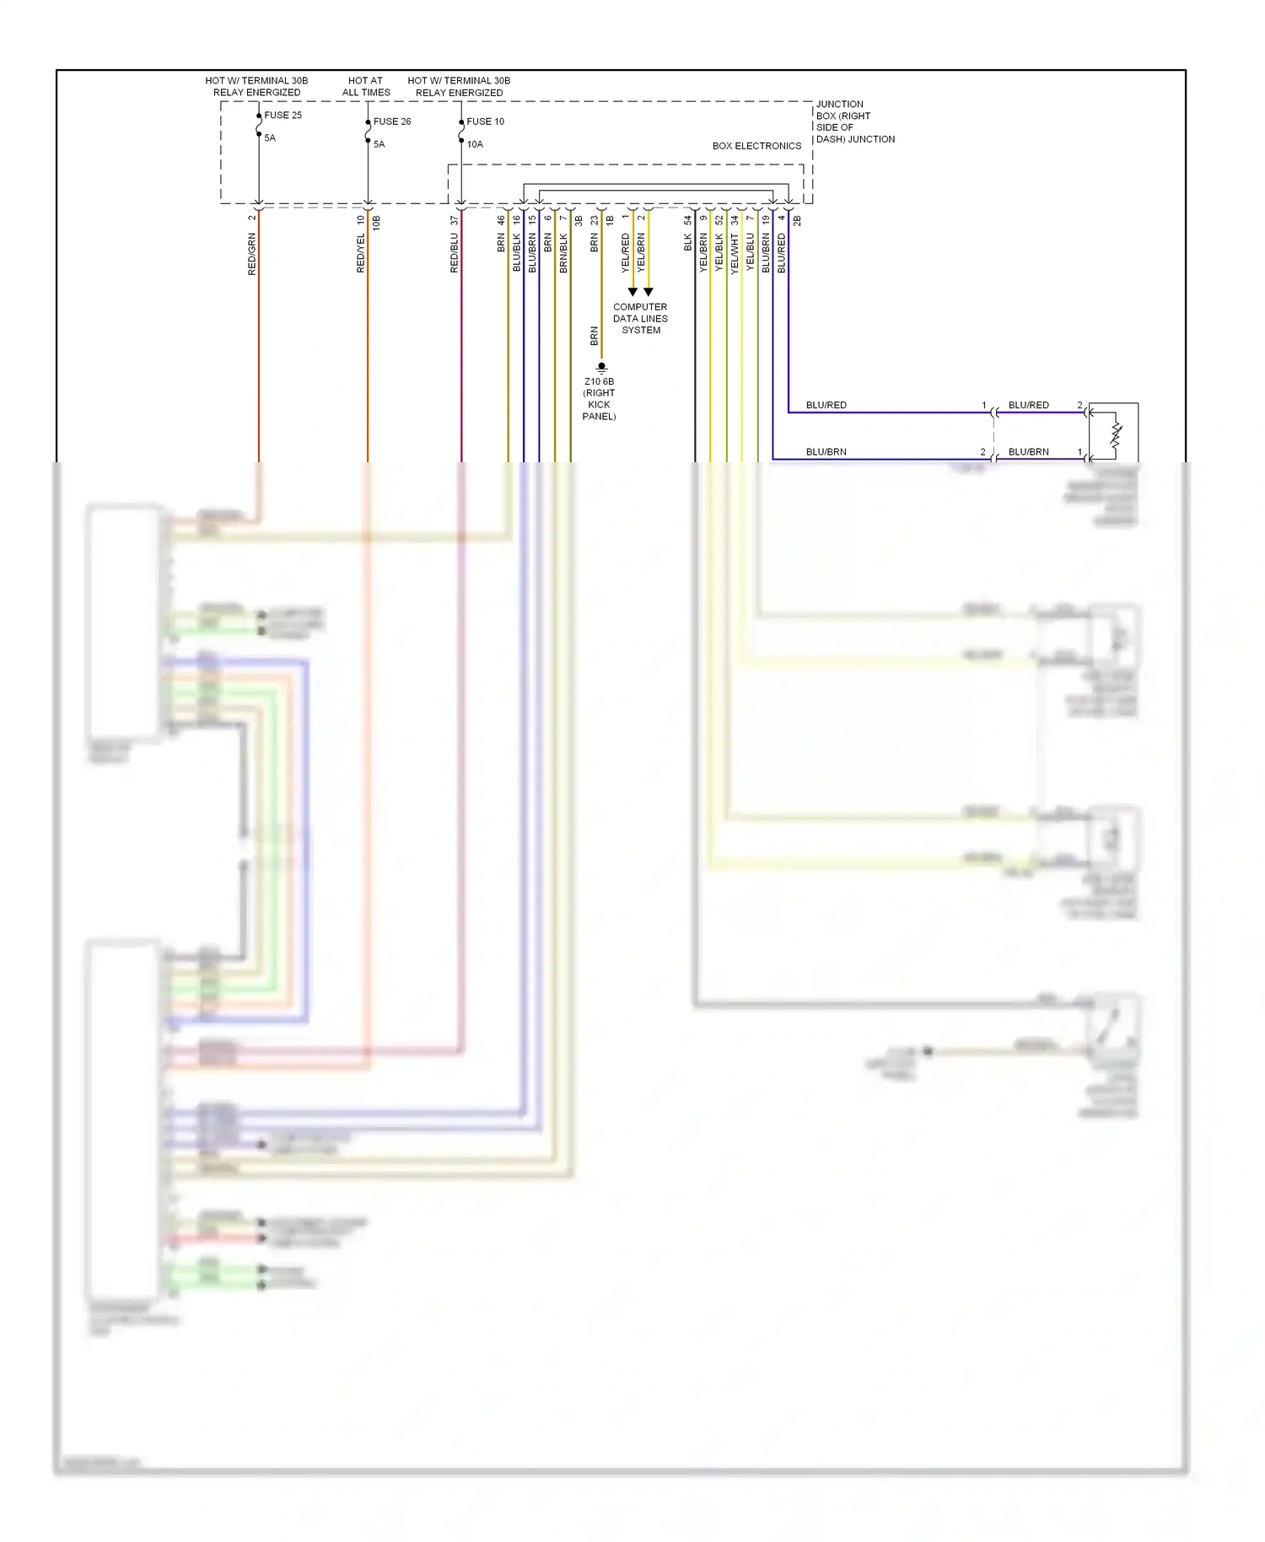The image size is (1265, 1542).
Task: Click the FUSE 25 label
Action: pyautogui.click(x=283, y=116)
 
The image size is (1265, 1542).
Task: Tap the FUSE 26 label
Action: pyautogui.click(x=392, y=121)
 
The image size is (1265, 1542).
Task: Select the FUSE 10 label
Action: pyautogui.click(x=485, y=121)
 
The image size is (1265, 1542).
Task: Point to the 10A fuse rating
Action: pyautogui.click(x=475, y=144)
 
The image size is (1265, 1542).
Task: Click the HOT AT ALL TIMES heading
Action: pyautogui.click(x=366, y=87)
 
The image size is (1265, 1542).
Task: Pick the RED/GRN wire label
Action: pyautogui.click(x=251, y=254)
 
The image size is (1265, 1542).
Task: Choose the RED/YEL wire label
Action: pyautogui.click(x=361, y=253)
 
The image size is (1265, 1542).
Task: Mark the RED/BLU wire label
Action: pyautogui.click(x=455, y=254)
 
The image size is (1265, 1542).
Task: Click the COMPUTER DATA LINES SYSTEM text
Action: pyautogui.click(x=640, y=319)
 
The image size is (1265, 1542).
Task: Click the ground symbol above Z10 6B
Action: pyautogui.click(x=601, y=367)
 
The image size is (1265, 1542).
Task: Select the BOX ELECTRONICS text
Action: pyautogui.click(x=756, y=146)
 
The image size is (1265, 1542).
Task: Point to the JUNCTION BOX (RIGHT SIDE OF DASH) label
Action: pyautogui.click(x=854, y=121)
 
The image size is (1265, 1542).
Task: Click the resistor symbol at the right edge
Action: pyautogui.click(x=1116, y=435)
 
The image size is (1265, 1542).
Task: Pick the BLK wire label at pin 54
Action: pyautogui.click(x=688, y=243)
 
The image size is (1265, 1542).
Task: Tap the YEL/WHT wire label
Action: pyautogui.click(x=735, y=254)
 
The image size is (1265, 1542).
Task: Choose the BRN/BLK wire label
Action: pyautogui.click(x=563, y=254)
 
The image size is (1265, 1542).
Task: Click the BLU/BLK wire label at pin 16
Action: pyautogui.click(x=517, y=254)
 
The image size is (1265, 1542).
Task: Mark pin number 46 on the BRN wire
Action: pyautogui.click(x=501, y=219)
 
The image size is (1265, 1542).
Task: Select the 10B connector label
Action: pyautogui.click(x=376, y=223)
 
